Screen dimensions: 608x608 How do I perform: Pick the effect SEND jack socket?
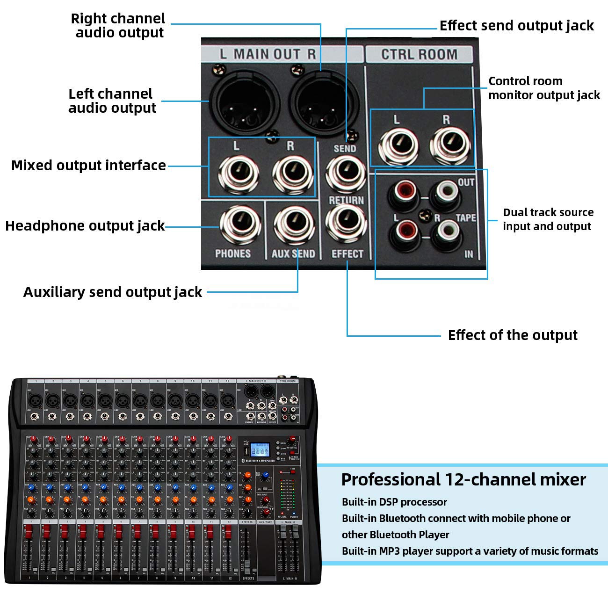point(346,174)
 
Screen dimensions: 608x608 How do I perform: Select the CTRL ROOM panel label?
point(419,54)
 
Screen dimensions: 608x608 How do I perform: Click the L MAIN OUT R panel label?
point(268,54)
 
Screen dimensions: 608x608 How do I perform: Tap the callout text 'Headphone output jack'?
point(85,226)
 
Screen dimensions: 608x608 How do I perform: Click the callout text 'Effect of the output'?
point(513,335)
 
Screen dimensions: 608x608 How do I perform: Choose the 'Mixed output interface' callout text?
point(88,166)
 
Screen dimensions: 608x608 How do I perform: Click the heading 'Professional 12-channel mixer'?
point(463,479)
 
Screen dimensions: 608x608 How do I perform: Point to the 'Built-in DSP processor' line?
point(394,502)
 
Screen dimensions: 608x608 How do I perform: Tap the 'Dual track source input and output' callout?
point(548,219)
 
